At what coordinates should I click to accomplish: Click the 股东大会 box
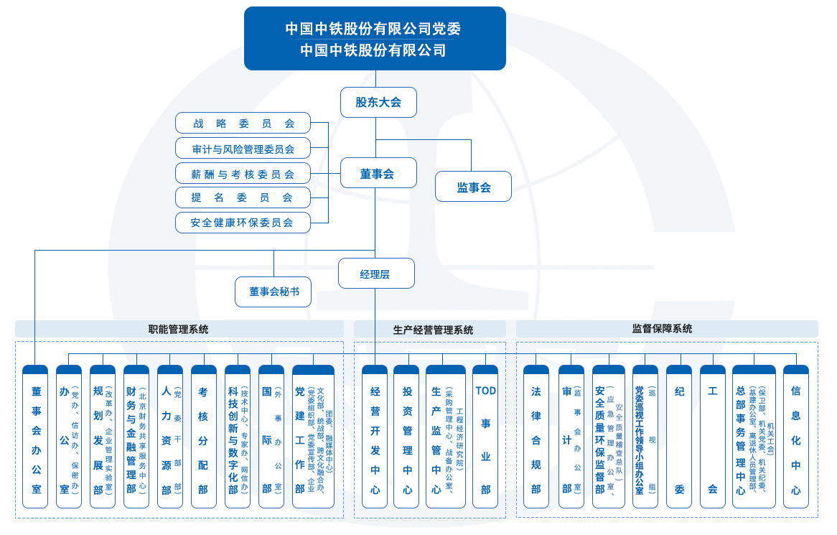pos(378,102)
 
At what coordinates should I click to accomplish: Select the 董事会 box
pos(378,173)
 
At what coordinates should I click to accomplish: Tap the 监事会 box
pos(473,187)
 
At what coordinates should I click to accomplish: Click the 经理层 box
pos(376,274)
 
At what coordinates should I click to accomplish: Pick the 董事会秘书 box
pos(273,292)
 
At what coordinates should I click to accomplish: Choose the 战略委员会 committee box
pos(243,123)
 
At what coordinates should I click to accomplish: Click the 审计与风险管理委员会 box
pos(243,149)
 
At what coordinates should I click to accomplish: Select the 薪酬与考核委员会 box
pos(243,173)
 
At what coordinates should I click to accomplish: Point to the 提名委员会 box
pos(243,197)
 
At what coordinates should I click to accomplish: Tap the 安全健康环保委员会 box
pos(243,223)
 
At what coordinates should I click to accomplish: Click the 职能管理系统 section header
pos(179,329)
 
